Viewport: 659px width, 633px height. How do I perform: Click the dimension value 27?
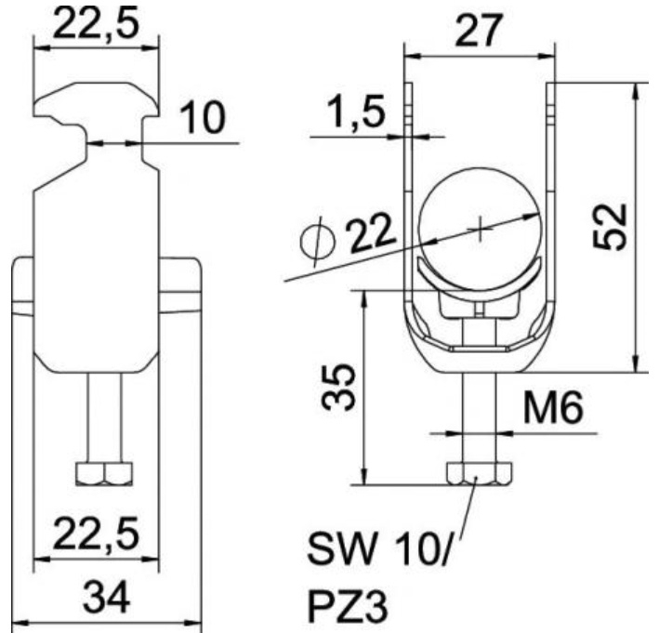478,31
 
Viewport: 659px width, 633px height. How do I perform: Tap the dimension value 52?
610,227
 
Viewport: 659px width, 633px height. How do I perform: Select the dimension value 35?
338,387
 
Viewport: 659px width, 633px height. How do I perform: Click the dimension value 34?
106,597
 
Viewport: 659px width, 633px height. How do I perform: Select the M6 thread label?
553,407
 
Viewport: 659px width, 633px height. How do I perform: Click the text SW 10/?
378,549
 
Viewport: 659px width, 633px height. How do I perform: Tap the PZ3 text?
347,606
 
